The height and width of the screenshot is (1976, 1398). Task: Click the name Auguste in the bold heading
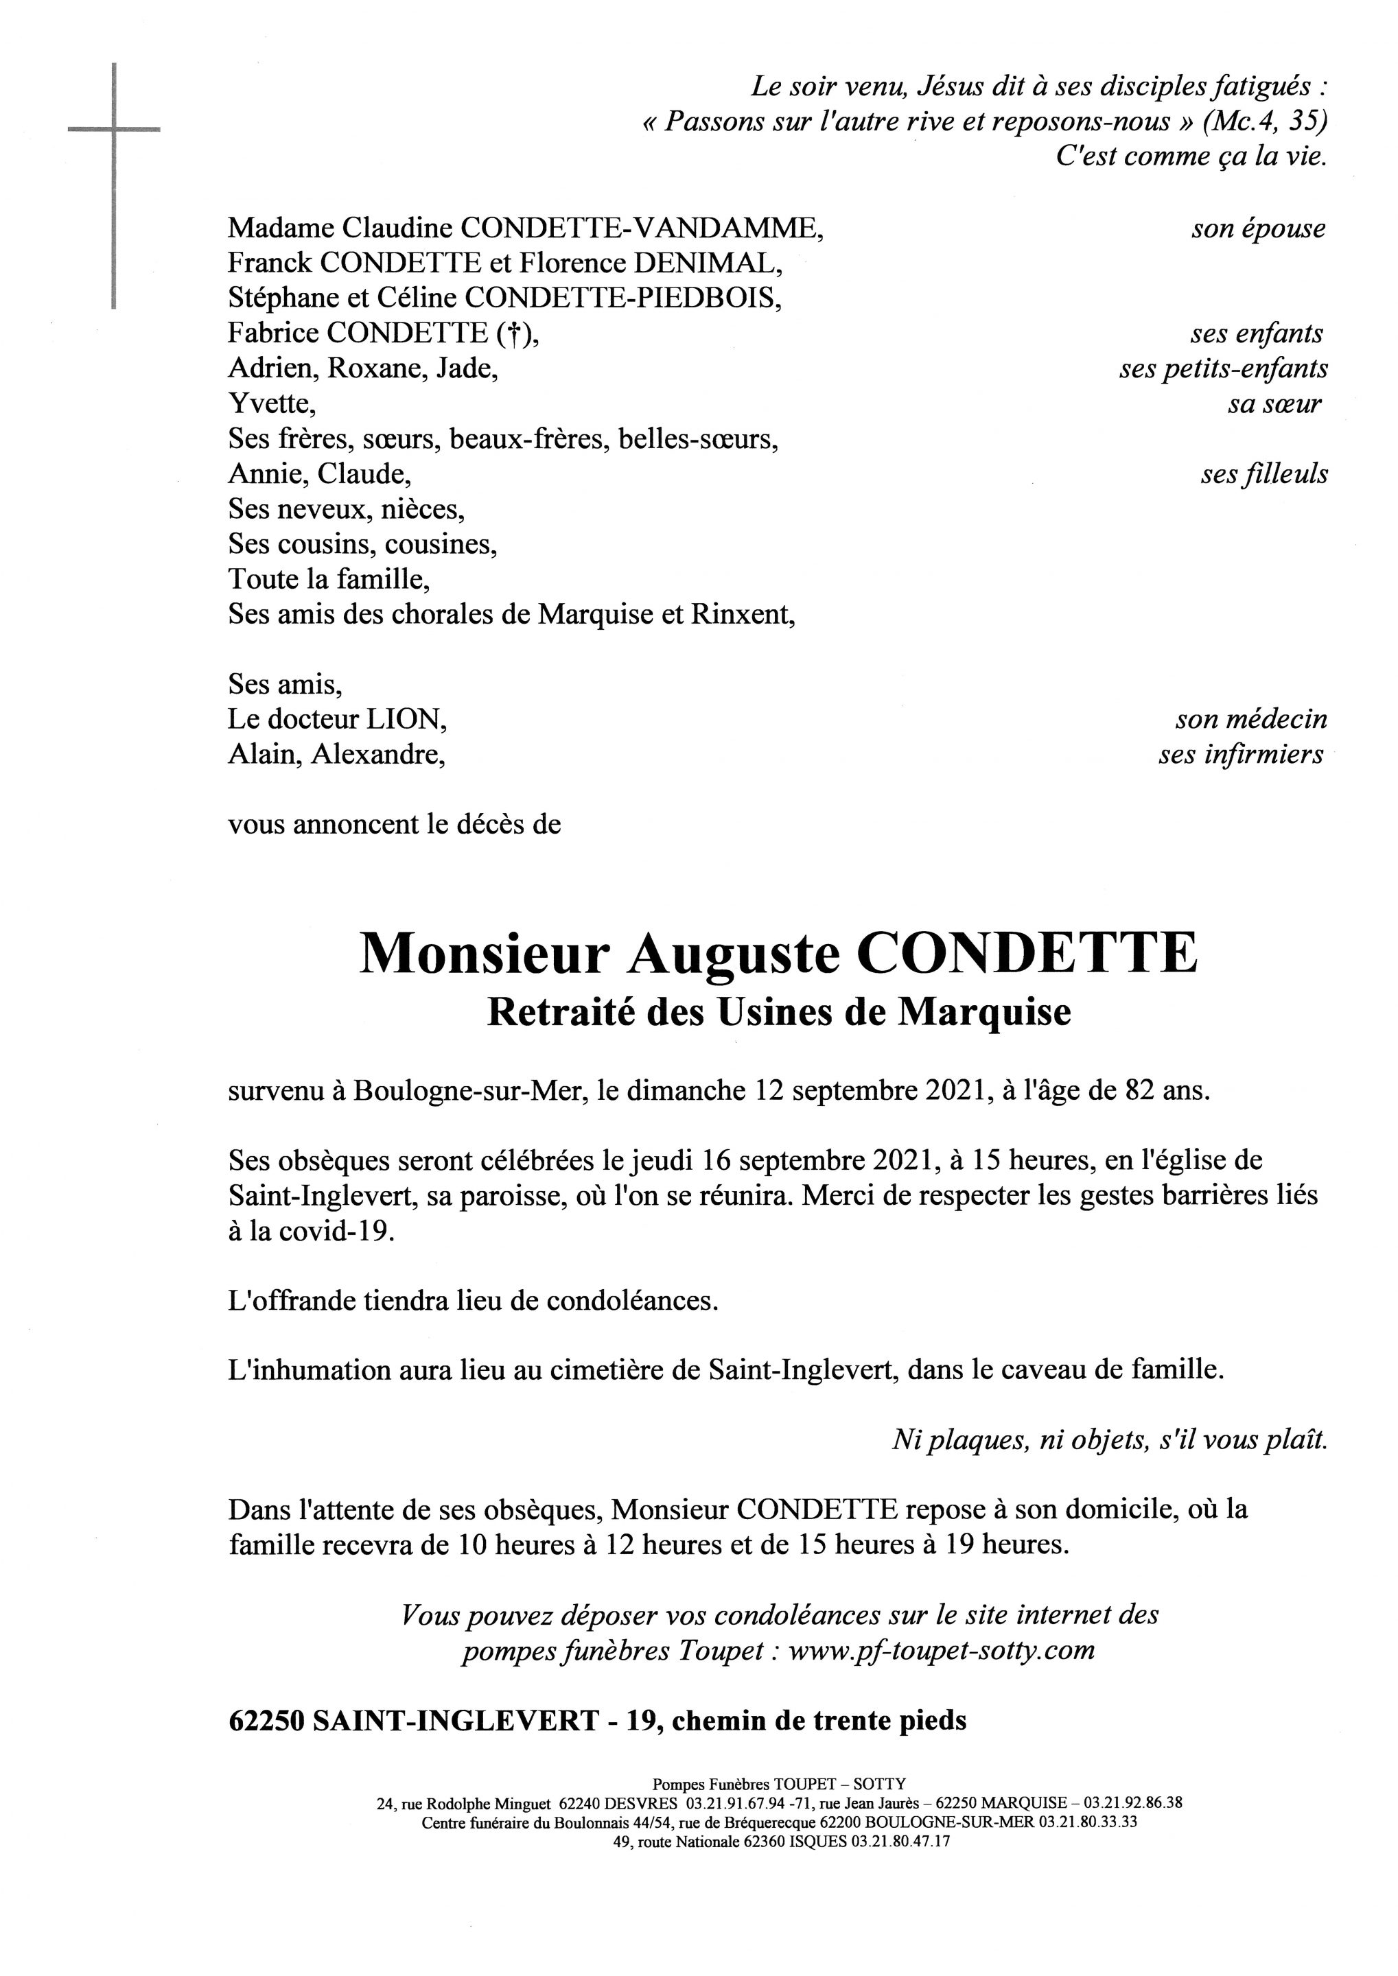point(732,954)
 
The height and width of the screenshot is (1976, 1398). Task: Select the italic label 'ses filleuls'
point(1263,474)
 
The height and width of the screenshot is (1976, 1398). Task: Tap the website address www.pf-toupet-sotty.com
point(941,1651)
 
